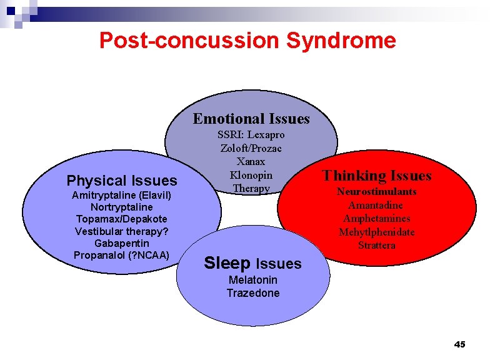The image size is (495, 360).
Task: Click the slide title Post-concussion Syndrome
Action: (x=247, y=41)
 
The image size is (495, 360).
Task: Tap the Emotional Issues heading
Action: (x=251, y=119)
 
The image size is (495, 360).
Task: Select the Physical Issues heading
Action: (x=122, y=181)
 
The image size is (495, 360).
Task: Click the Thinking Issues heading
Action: (x=377, y=176)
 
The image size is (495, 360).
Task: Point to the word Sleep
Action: (x=227, y=263)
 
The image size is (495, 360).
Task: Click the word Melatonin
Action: (x=252, y=280)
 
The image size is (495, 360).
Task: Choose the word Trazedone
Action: (x=252, y=293)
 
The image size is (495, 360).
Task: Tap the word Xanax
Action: (x=251, y=162)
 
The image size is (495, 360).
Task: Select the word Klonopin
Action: (x=251, y=175)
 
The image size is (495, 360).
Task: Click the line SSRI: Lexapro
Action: (x=251, y=135)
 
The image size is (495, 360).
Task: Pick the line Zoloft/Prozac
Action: (x=251, y=148)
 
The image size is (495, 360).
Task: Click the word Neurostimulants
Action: (x=377, y=192)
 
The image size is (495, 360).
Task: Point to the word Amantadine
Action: (x=376, y=206)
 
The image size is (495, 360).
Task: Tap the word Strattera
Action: (x=377, y=246)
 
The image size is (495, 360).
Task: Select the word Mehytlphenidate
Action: (x=377, y=232)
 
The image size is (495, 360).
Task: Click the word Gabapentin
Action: (x=122, y=242)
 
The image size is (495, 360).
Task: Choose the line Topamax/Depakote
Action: (x=122, y=219)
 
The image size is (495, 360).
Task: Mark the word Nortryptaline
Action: (x=122, y=207)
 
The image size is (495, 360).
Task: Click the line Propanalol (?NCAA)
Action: (x=122, y=255)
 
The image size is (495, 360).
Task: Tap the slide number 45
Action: (x=459, y=344)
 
